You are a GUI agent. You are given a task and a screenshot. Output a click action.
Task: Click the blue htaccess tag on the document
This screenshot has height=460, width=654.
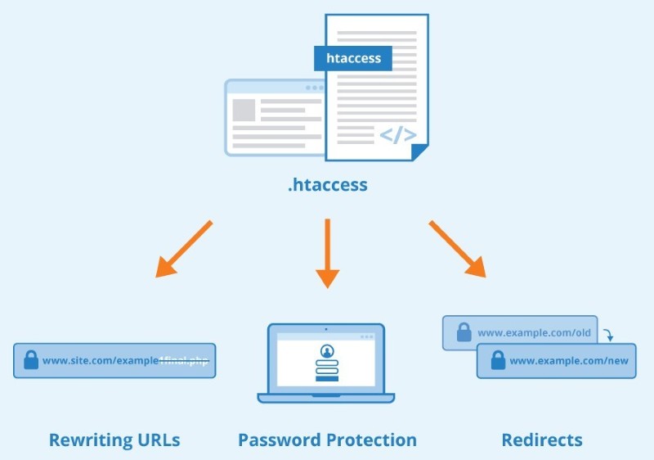point(353,59)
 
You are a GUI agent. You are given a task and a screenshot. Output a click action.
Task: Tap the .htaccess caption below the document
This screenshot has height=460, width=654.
point(327,185)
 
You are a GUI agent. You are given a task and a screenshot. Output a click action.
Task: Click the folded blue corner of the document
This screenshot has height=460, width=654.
point(420,152)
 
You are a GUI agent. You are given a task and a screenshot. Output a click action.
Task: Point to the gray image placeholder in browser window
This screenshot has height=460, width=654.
point(244,110)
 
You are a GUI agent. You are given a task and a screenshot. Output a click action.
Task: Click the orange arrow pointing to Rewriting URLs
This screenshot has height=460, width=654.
point(183,248)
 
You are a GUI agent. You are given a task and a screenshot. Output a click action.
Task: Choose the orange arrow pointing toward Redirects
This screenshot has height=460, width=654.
point(458,248)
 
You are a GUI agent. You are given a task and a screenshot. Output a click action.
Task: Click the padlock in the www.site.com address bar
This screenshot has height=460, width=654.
point(31,360)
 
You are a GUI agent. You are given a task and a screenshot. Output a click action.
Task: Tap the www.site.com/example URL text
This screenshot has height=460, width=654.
point(99,360)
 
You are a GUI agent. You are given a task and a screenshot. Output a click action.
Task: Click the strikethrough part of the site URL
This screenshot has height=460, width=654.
point(184,360)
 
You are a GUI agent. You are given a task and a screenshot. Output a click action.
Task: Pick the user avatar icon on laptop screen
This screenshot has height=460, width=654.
point(326,351)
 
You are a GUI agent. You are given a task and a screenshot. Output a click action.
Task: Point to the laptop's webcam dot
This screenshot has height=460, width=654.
point(326,329)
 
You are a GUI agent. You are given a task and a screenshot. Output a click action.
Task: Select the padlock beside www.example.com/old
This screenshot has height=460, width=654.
point(464,332)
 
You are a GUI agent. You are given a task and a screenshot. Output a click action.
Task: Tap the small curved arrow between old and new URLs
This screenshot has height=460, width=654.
point(609,335)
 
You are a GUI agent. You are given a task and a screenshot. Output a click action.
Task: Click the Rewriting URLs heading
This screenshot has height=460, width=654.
point(114,440)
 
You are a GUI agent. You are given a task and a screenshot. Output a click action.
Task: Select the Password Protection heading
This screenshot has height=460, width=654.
point(327,440)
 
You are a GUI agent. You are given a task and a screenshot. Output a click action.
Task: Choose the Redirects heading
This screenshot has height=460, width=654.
point(541,440)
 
